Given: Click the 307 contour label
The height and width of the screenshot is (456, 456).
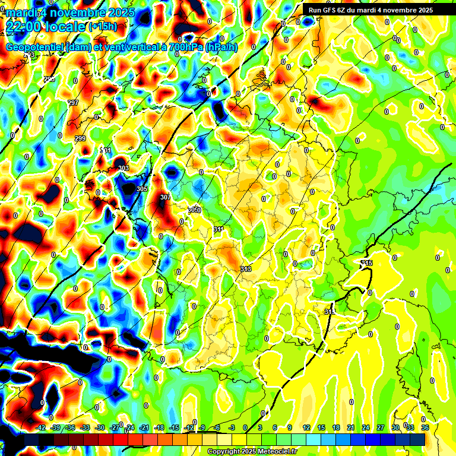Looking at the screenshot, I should pos(165,197).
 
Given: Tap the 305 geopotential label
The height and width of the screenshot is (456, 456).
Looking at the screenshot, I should pos(142,189).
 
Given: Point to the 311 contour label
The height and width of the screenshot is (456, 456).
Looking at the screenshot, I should pos(218,229).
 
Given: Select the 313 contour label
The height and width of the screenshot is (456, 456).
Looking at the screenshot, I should pos(246,269).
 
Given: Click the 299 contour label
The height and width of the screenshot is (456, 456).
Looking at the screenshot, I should pos(80,138).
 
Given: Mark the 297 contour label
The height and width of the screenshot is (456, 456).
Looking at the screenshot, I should pos(73,103).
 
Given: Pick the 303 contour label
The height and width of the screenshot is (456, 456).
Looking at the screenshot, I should pos(123,169).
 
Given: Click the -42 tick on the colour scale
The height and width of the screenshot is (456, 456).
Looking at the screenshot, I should pos(41,427).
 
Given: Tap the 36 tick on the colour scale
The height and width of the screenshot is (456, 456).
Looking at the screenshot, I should pos(425,427).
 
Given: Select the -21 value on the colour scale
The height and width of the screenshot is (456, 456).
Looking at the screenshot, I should pos(145,427).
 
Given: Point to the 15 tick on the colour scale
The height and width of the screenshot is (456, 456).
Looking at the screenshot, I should pos(321,427).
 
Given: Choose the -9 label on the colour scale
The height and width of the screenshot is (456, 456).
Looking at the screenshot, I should pos(202,427).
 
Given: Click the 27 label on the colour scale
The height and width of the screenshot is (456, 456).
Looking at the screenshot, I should pos(380,427).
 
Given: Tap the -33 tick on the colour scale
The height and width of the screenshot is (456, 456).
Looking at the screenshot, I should pos(85,427).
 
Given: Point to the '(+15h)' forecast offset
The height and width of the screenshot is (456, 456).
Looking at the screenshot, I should pos(102,26).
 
